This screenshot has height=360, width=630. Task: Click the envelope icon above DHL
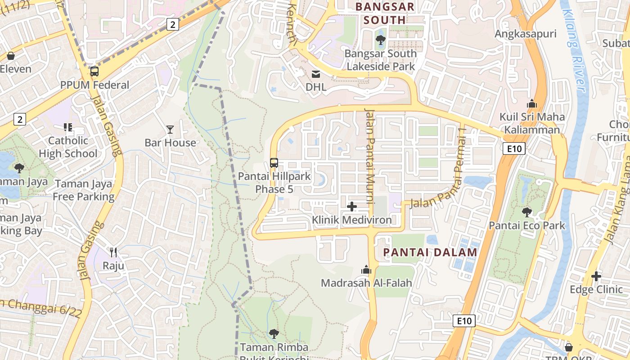point(316,74)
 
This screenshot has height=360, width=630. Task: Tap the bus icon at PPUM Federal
point(94,72)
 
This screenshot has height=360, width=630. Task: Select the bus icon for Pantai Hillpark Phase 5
point(274,163)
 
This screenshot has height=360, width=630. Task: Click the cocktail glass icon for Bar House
point(170,130)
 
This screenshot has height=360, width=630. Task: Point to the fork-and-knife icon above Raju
point(113,252)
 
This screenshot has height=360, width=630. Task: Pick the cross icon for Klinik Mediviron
point(352,207)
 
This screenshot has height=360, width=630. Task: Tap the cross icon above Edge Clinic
point(596,276)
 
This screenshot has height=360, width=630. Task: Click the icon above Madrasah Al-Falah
point(366,270)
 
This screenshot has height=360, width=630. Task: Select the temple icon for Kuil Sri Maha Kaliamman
point(532,104)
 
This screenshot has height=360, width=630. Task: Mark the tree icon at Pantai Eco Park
point(526,212)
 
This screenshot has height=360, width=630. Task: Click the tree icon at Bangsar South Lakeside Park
point(381,40)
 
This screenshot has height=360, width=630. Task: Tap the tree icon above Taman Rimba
point(274,333)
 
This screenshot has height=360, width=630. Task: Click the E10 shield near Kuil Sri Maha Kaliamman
point(514,148)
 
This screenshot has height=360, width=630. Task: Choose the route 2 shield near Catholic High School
point(20,119)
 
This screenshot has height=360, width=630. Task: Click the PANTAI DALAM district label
point(430,252)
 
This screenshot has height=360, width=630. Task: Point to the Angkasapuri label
point(526,34)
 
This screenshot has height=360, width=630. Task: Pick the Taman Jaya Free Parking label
point(84,190)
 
